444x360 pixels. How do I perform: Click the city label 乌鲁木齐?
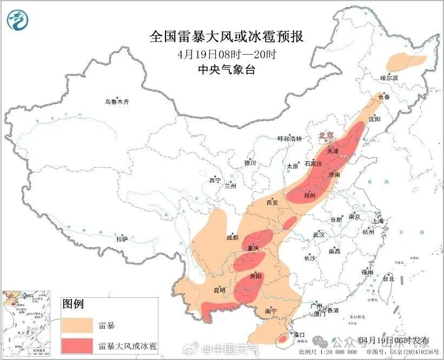pos(117,102)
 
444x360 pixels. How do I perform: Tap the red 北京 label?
pos(326,135)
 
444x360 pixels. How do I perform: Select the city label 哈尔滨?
pos(389,78)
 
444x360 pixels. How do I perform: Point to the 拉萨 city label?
pos(122,238)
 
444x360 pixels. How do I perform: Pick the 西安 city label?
pos(271,202)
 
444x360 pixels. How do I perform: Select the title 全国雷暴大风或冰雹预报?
pos(226,37)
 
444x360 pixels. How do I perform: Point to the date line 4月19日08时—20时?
pos(226,54)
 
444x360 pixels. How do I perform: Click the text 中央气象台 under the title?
pos(226,69)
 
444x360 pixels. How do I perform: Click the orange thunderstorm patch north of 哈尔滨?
pos(406,62)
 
